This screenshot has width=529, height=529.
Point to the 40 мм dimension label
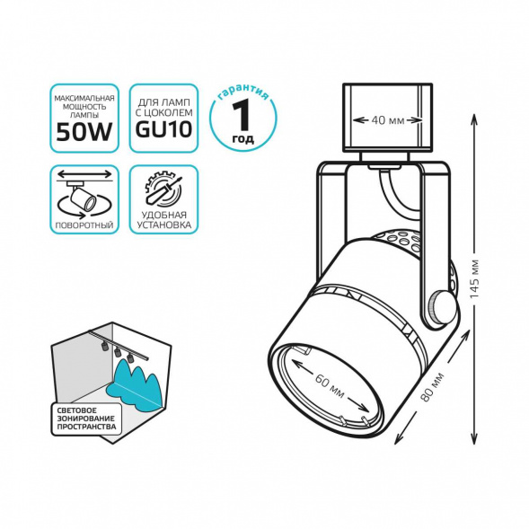pyautogui.click(x=387, y=120)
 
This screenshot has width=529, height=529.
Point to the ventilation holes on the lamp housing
pyautogui.click(x=401, y=241)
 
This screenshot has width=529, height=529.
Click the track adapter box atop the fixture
pyautogui.click(x=387, y=117)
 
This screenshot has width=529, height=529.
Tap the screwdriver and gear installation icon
pyautogui.click(x=163, y=189)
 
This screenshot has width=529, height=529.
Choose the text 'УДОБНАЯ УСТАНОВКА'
pyautogui.click(x=163, y=220)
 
